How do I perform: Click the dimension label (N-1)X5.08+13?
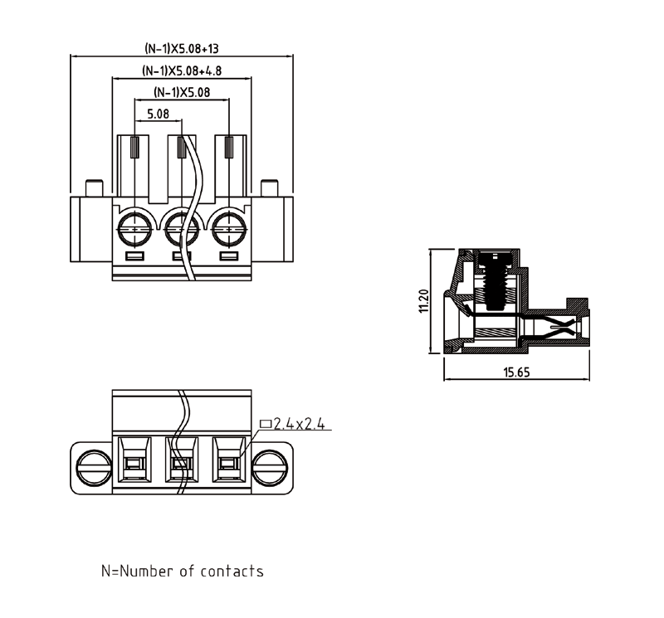[x=182, y=49]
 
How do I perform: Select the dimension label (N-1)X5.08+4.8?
[x=182, y=71]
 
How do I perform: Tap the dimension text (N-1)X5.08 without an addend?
[x=182, y=92]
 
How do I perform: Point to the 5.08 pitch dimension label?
[x=158, y=114]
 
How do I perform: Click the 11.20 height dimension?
[x=423, y=300]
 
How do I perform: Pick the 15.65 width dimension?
[x=516, y=372]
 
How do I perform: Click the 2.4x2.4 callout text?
[x=299, y=424]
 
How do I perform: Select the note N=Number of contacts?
[x=182, y=571]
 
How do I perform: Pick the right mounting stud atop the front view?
[x=269, y=188]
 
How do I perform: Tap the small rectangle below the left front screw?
[x=135, y=255]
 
